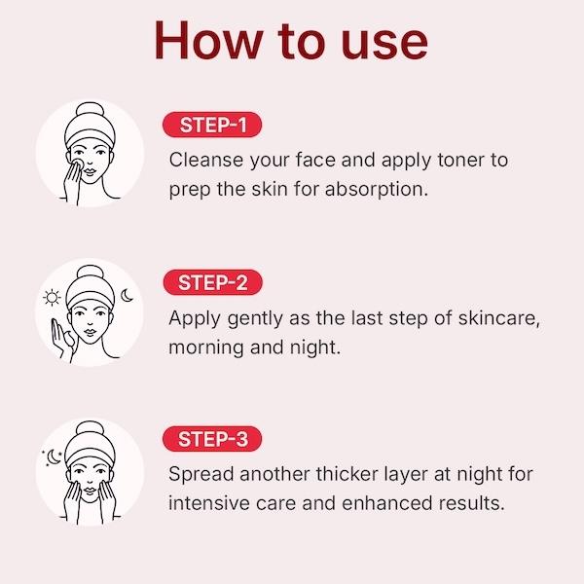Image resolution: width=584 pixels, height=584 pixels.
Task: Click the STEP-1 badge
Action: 214,126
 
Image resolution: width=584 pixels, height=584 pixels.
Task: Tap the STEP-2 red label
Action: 215,283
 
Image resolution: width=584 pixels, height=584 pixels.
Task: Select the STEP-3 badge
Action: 215,440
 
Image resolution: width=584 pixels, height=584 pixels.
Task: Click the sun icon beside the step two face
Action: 53,298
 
